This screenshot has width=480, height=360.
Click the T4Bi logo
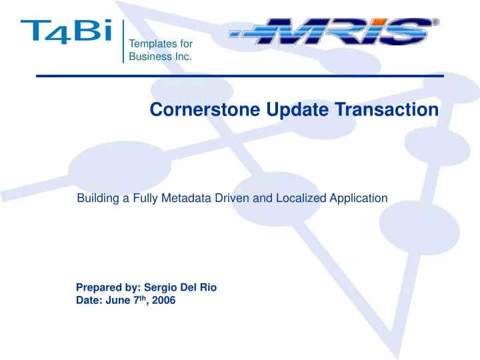coord(65,31)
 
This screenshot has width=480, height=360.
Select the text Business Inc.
coord(161,57)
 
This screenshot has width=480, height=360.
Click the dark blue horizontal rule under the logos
coord(240,77)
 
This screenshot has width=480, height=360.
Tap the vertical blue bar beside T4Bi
coord(124,41)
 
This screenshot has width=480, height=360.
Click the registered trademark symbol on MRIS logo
coord(436,22)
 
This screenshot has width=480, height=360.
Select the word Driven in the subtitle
coord(239,197)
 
